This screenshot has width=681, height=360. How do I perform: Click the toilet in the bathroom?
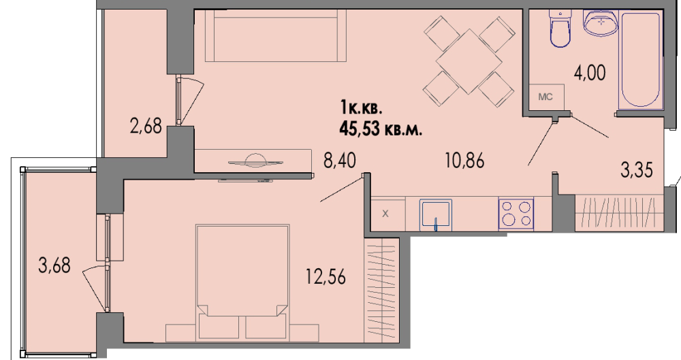(x=559, y=27)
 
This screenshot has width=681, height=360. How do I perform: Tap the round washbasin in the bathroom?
(x=601, y=22)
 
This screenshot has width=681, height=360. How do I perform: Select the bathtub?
(x=641, y=59)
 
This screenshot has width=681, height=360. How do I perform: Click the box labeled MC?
(x=546, y=97)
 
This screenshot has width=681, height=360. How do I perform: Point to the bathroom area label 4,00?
(x=589, y=73)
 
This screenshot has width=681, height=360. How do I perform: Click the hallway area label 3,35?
(x=636, y=169)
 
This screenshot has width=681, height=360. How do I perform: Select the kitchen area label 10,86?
(x=464, y=161)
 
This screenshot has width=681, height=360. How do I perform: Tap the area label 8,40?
(x=340, y=160)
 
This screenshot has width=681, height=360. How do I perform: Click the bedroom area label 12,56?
(x=326, y=276)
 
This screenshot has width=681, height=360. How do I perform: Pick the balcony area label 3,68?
(x=54, y=265)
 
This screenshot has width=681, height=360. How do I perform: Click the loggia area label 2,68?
(x=146, y=127)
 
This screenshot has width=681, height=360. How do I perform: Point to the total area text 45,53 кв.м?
(x=381, y=129)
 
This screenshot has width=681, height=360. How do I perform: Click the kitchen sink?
(x=436, y=214)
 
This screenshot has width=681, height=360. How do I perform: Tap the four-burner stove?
(x=516, y=213)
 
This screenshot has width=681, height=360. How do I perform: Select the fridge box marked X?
(x=386, y=214)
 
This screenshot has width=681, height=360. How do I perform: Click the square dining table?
(x=469, y=61)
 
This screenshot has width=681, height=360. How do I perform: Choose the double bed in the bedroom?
(x=242, y=282)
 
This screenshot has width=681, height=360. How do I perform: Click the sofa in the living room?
(x=276, y=35)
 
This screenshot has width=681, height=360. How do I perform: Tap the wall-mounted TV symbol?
(x=254, y=161)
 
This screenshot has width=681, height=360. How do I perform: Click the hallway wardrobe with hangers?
(x=619, y=213)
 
